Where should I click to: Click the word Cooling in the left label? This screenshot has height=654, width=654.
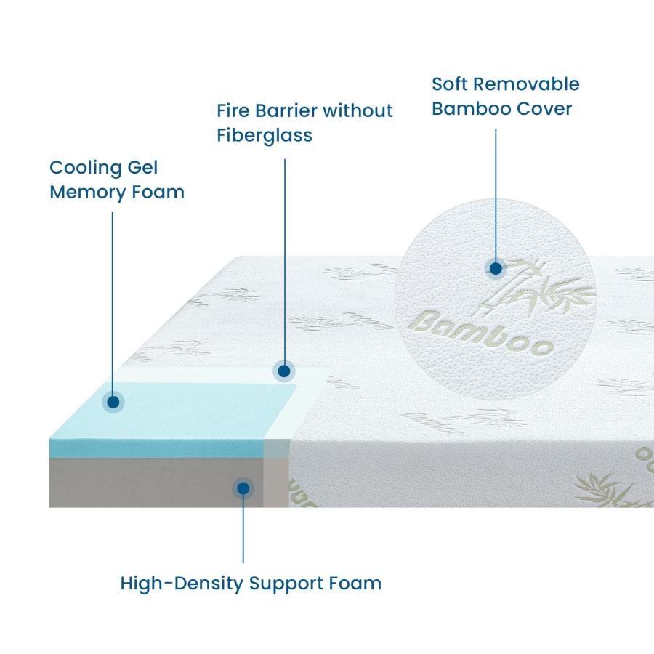click(x=86, y=169)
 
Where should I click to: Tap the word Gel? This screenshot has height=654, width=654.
click(x=142, y=168)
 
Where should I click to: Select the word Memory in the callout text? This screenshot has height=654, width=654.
click(x=87, y=193)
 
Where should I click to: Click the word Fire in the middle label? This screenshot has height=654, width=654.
click(x=233, y=111)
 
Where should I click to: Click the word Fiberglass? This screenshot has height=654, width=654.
click(x=265, y=136)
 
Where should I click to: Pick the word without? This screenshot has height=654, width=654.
click(x=358, y=111)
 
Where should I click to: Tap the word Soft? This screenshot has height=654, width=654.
click(x=450, y=84)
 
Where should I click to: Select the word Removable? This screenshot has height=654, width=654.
click(x=526, y=84)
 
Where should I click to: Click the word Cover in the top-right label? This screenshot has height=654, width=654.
click(x=544, y=109)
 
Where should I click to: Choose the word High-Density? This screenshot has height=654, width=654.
click(x=182, y=584)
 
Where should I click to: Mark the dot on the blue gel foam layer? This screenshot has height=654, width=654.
click(x=113, y=402)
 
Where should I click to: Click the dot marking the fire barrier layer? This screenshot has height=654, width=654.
click(x=284, y=371)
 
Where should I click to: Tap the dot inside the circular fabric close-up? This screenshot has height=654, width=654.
click(x=496, y=268)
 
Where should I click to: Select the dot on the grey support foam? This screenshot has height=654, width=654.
click(x=243, y=488)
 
